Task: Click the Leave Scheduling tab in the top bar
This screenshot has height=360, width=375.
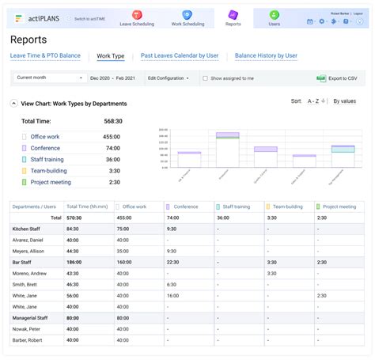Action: point(137,18)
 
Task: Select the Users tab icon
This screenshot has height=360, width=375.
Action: point(274,18)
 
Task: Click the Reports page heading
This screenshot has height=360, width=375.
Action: point(28,40)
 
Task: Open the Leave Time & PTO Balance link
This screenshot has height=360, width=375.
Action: point(45,56)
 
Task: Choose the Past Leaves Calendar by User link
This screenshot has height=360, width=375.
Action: point(180,56)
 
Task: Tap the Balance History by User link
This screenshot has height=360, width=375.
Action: point(266,56)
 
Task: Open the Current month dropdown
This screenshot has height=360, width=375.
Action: point(48,78)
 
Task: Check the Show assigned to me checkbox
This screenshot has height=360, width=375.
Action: point(206,78)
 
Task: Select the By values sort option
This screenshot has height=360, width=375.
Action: point(344,101)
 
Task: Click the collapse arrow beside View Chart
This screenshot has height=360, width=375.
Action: point(14,103)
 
